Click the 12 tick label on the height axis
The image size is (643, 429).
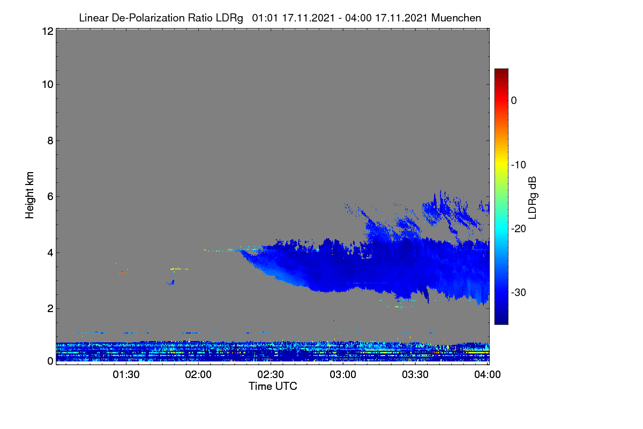pos(48,31)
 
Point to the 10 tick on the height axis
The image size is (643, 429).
pos(48,85)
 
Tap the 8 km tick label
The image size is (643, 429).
pos(50,140)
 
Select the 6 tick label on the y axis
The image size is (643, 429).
pos(50,197)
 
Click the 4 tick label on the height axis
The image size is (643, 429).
pos(50,253)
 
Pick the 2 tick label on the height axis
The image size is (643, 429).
pos(50,308)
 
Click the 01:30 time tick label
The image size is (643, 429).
pos(126,375)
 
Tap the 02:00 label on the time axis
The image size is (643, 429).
pos(198,375)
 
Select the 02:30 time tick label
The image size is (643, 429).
pos(271,375)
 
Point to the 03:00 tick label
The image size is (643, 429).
pos(343,375)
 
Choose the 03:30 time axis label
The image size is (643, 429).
pos(415,375)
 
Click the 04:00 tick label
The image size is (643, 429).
pos(488,375)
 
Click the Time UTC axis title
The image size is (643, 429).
pos(273,386)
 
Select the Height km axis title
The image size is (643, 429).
pos(29,195)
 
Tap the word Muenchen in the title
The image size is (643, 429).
pos(456,18)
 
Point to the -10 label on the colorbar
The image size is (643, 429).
pos(519,165)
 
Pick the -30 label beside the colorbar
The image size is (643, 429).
pos(519,292)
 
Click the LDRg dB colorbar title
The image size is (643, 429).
pos(533,198)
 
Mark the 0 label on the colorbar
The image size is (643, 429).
pos(514,101)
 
